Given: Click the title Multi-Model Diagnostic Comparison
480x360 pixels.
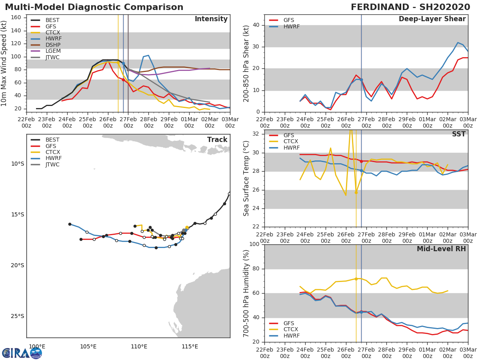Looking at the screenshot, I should (x=94, y=7).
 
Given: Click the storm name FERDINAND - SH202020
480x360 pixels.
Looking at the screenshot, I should (x=410, y=7).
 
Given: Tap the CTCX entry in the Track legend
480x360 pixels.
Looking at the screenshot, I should (x=52, y=152).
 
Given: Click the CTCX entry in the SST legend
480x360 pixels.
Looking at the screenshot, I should (x=290, y=142).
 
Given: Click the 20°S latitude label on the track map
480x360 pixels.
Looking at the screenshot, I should (x=17, y=265).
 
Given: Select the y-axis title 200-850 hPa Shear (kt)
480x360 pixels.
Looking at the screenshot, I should (x=246, y=63).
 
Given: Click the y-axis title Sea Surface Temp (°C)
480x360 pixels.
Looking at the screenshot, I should (x=246, y=178).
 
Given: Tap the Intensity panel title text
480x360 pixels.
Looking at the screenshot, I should (x=211, y=19).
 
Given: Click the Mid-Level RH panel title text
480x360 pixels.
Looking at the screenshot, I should (x=441, y=249).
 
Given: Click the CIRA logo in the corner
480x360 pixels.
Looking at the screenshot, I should (x=22, y=353).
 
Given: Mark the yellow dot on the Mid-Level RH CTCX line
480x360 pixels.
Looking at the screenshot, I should (x=356, y=279).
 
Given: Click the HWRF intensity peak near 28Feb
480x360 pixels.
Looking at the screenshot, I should (x=148, y=55).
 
